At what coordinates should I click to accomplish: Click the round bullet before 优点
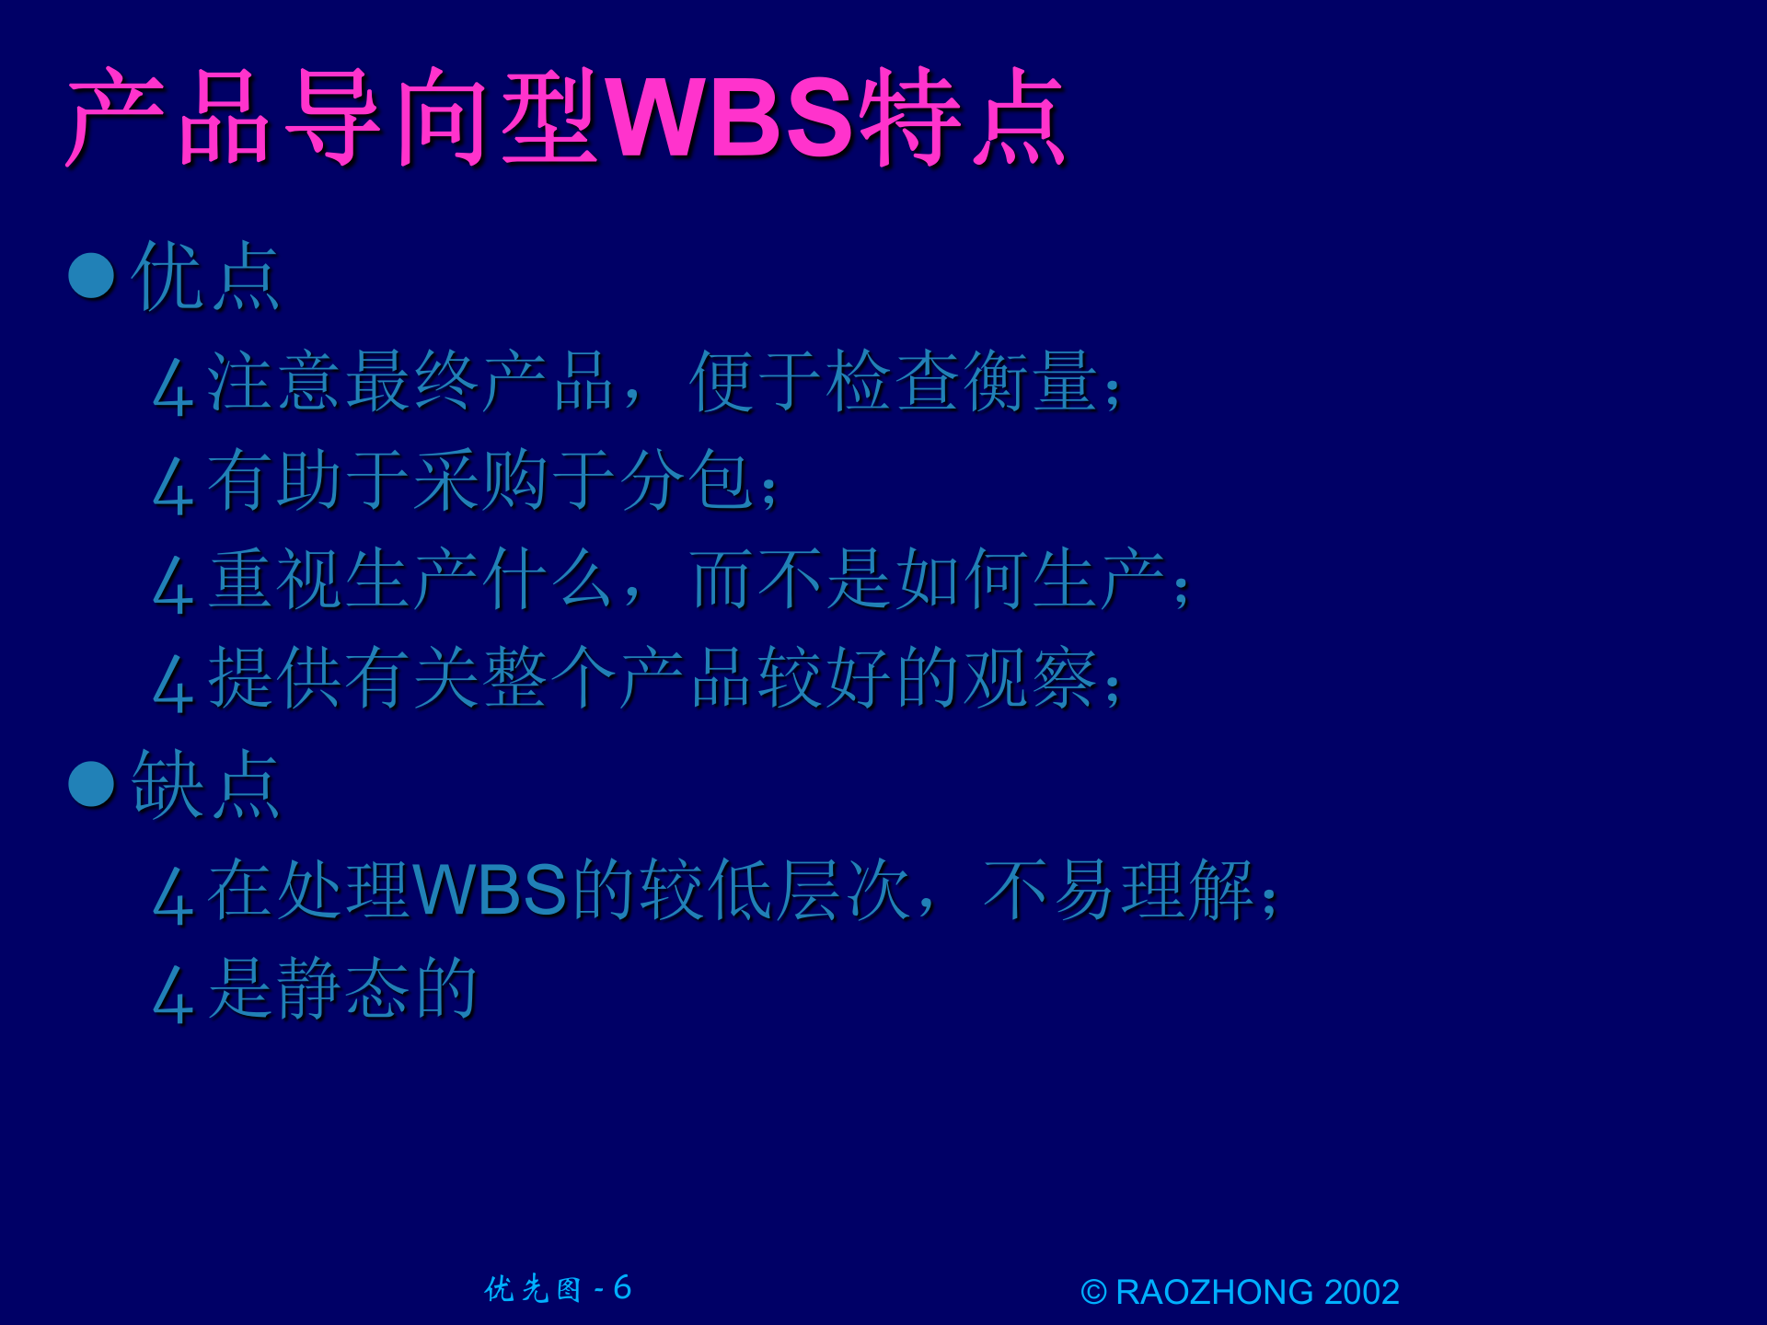92,276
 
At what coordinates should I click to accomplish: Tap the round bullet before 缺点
92,784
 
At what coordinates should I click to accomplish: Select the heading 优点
205,276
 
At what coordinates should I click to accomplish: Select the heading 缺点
205,784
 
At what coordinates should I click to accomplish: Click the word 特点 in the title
962,118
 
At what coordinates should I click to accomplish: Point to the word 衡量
1031,382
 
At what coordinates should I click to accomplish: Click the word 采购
480,480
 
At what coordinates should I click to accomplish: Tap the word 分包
686,480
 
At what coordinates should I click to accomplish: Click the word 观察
1031,678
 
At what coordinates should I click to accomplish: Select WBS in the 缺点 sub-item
490,891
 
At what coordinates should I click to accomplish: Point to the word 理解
1187,891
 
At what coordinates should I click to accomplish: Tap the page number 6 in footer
622,1288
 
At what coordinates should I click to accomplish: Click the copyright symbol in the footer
1092,1293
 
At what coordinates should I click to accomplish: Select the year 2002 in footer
1362,1293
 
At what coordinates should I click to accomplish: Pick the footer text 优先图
533,1289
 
